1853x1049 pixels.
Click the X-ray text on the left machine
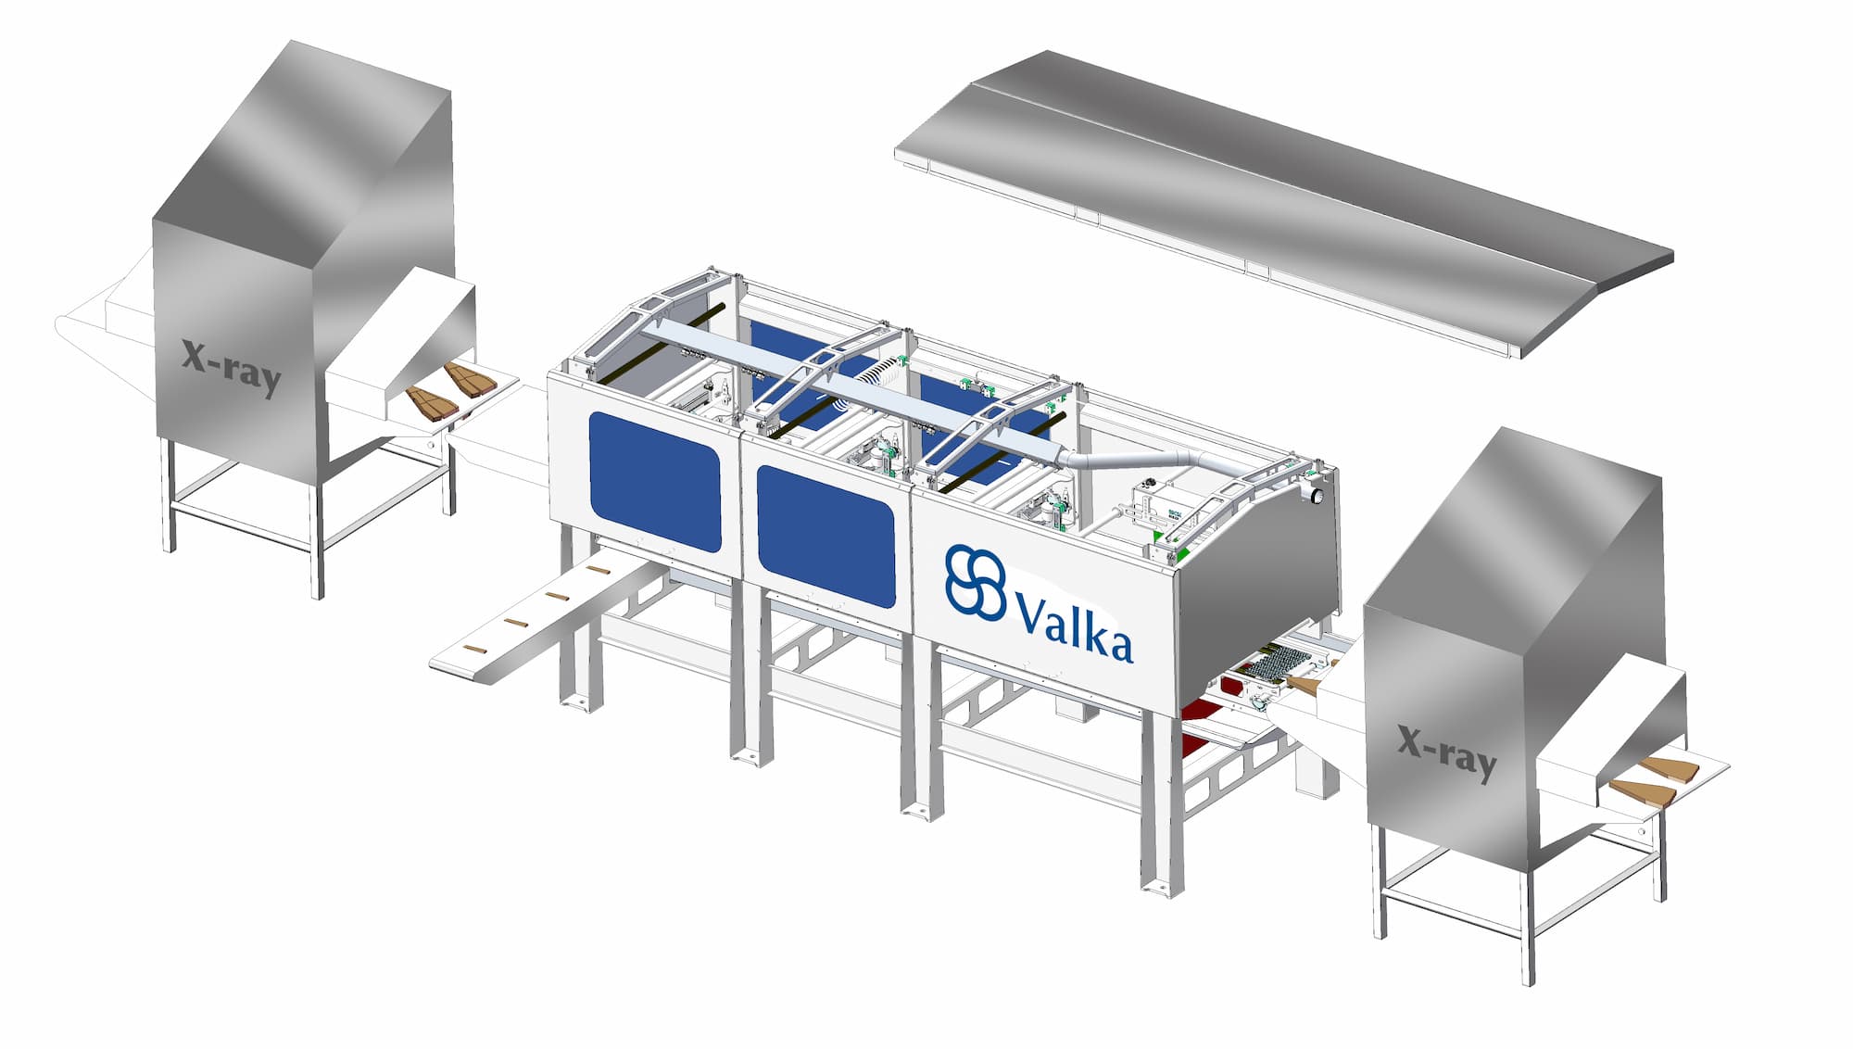click(x=231, y=367)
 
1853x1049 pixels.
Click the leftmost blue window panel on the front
click(x=655, y=481)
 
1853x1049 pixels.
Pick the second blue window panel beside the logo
click(x=826, y=536)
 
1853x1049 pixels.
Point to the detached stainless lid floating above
click(x=1284, y=202)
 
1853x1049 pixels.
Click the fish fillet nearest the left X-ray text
click(x=431, y=403)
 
